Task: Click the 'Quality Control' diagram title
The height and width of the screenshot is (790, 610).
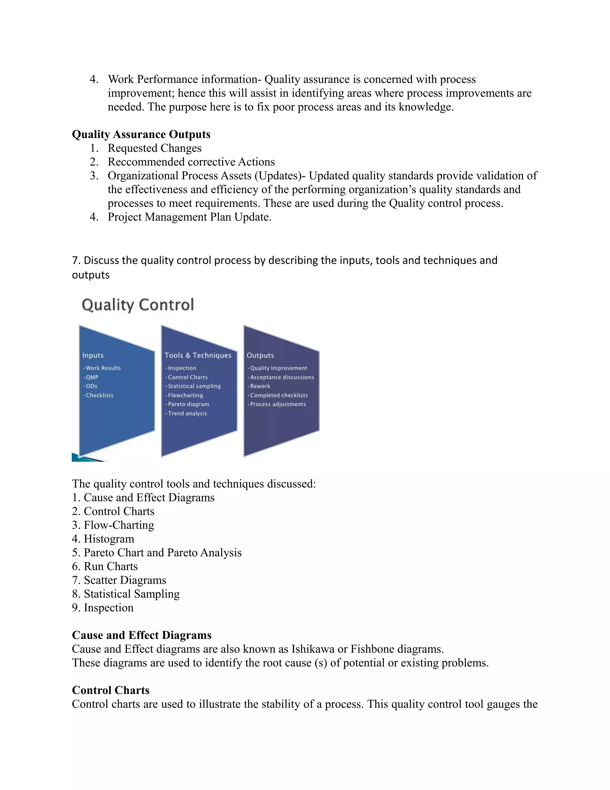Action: click(138, 305)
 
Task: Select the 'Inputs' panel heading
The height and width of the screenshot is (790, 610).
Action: click(93, 355)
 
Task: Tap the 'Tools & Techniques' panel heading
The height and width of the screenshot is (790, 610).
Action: click(198, 355)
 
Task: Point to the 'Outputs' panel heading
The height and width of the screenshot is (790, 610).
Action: click(260, 355)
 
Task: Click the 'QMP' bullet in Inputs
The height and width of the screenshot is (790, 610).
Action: click(92, 377)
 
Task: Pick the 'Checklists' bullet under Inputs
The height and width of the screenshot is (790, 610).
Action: click(99, 395)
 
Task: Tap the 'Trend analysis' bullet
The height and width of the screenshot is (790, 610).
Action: click(187, 413)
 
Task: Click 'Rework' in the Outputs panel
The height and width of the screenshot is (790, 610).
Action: click(260, 386)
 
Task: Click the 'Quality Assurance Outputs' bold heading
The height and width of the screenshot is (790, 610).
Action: click(141, 134)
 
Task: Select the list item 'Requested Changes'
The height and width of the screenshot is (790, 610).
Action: click(154, 148)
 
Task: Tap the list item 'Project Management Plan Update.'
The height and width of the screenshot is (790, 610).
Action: click(189, 217)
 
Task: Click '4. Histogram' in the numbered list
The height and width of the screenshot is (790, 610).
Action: click(103, 539)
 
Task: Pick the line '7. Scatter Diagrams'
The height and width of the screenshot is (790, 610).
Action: click(119, 580)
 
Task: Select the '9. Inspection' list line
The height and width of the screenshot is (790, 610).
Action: click(103, 607)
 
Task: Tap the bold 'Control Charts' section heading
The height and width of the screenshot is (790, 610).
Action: click(111, 690)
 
